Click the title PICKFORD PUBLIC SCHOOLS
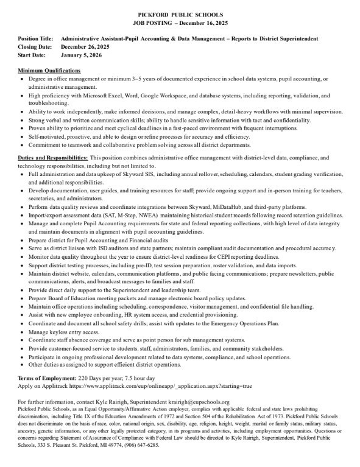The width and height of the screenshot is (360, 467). (x=180, y=13)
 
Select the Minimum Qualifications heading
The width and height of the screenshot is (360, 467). (x=49, y=71)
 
